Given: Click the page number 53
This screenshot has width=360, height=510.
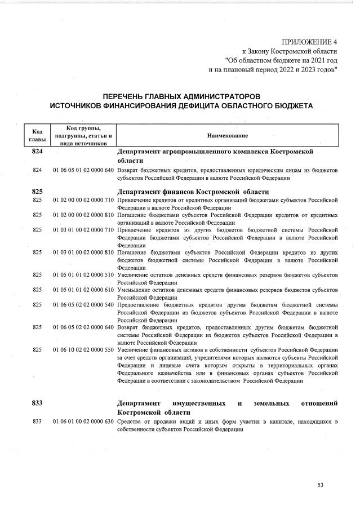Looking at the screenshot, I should coord(321,485).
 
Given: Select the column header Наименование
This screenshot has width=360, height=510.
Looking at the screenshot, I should coord(228,136).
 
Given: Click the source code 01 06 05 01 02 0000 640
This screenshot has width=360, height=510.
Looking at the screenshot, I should coord(83,170).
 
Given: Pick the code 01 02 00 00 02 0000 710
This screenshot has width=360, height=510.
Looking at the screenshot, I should coord(83,199).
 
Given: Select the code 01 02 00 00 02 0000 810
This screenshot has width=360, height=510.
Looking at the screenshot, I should coord(83,215).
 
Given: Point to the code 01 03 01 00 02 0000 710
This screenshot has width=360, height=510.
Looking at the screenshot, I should coord(83,229).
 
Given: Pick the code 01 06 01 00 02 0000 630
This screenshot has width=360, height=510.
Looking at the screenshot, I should coord(83,422).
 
